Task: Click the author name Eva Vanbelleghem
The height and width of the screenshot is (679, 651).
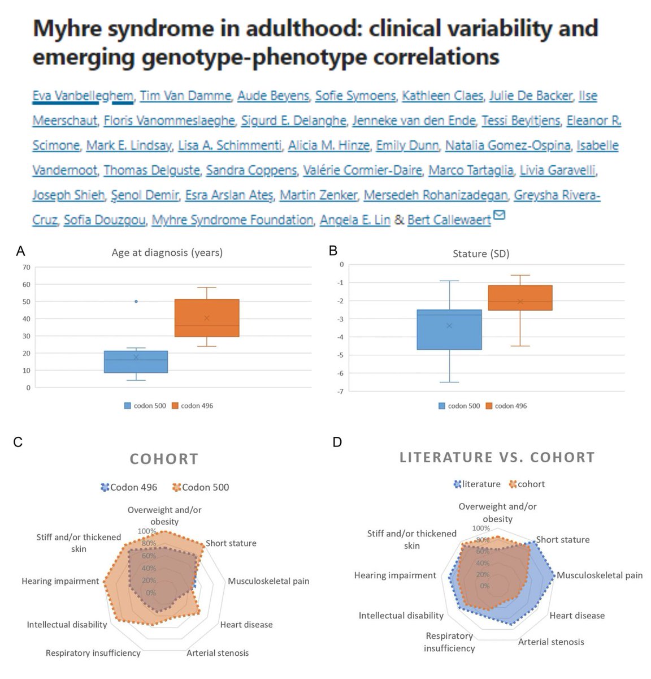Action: pyautogui.click(x=82, y=96)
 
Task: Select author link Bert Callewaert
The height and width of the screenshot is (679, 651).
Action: pyautogui.click(x=449, y=220)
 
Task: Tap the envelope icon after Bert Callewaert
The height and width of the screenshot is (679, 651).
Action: pyautogui.click(x=499, y=215)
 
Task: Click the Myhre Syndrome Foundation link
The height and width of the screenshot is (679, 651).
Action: pyautogui.click(x=232, y=220)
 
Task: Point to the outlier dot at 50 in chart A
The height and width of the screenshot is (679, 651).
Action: pyautogui.click(x=136, y=302)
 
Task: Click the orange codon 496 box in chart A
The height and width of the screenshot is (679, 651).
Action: pyautogui.click(x=206, y=318)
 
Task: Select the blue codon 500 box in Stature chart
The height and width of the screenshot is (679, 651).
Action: pyautogui.click(x=449, y=329)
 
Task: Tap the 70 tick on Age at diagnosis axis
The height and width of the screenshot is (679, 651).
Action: pyautogui.click(x=27, y=267)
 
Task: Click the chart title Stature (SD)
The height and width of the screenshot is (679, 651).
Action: pyautogui.click(x=481, y=253)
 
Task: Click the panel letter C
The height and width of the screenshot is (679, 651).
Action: pyautogui.click(x=18, y=442)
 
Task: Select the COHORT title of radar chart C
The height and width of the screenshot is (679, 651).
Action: pyautogui.click(x=164, y=459)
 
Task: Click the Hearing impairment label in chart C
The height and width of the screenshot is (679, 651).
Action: pyautogui.click(x=60, y=581)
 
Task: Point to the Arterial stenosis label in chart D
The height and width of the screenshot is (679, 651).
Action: pyautogui.click(x=551, y=642)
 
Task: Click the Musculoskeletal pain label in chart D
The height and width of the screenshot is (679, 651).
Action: pyautogui.click(x=600, y=575)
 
